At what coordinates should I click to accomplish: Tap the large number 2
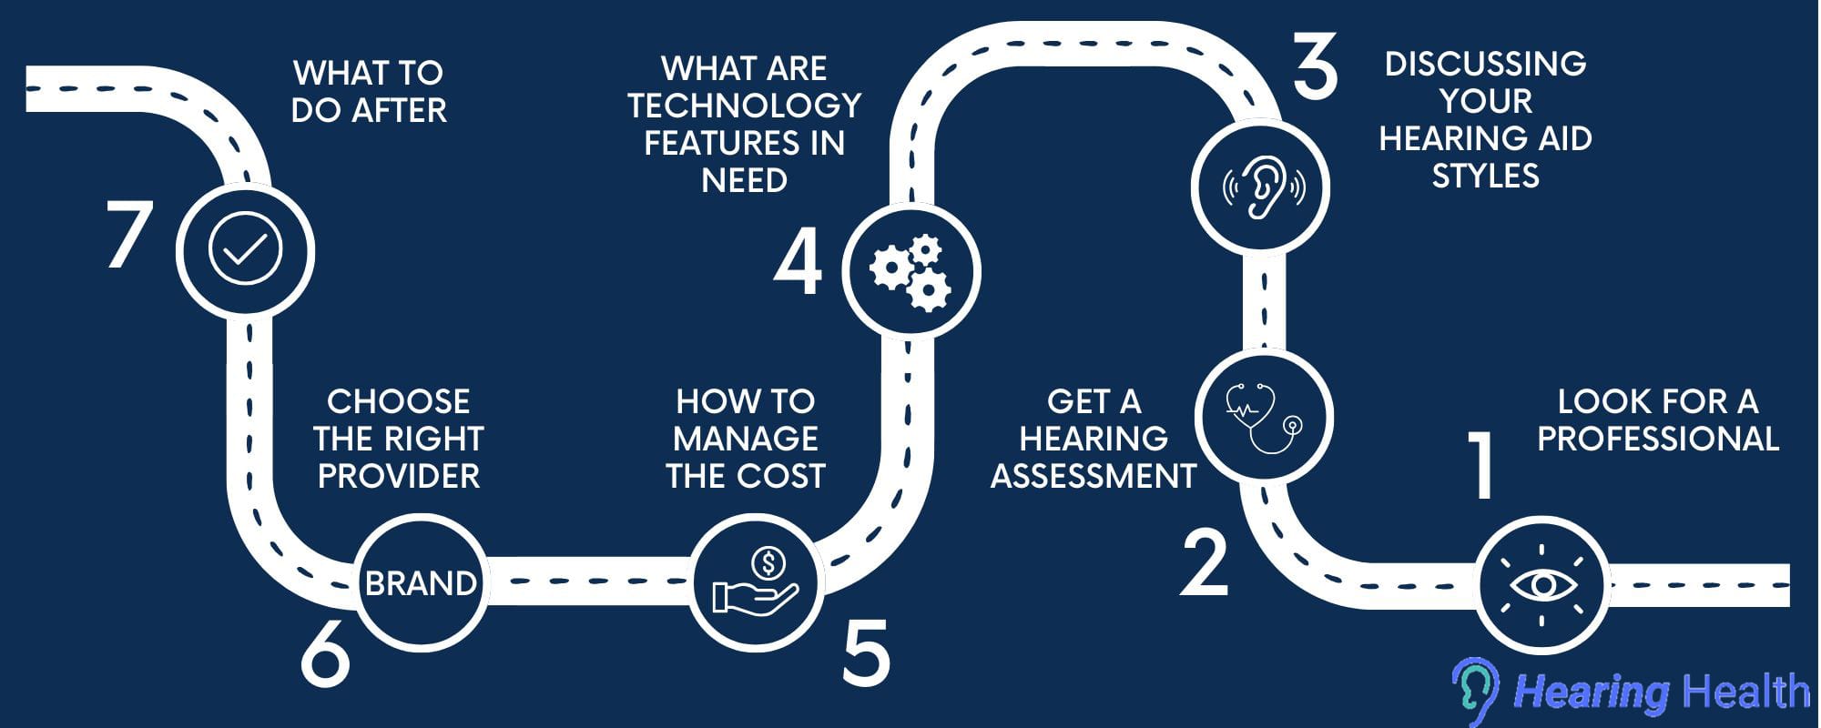click(1205, 563)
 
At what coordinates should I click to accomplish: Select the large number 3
click(1316, 66)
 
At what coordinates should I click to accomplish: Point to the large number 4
click(798, 262)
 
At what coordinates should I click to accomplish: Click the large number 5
click(866, 652)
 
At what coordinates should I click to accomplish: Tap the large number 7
click(127, 234)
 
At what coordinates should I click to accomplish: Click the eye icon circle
click(1541, 584)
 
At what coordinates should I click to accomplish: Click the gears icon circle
click(910, 271)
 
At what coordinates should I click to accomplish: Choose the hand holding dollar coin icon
click(756, 583)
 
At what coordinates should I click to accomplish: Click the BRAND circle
click(421, 582)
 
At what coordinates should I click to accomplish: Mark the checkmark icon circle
click(245, 250)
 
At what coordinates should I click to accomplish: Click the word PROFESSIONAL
click(1657, 439)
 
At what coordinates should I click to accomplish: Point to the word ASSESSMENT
click(1094, 476)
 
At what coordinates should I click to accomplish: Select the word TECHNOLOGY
click(744, 106)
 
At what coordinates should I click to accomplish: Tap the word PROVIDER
click(398, 476)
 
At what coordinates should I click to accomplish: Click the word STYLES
click(1485, 175)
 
